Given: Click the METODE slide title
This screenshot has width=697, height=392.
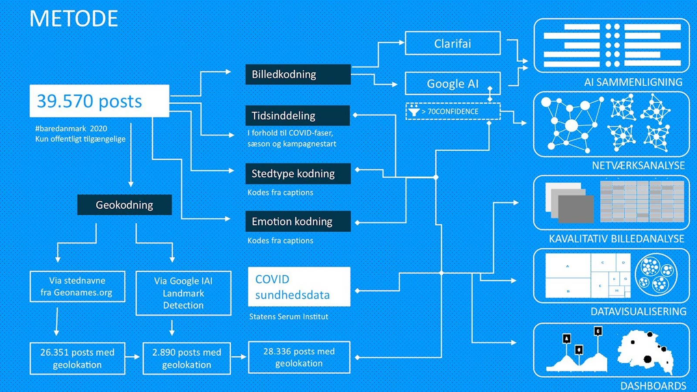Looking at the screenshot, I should point(74,19).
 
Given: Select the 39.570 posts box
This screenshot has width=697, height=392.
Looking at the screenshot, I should point(99,101).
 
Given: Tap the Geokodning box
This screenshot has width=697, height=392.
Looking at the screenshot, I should point(125,205).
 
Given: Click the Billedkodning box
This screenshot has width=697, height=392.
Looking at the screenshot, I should point(298,74).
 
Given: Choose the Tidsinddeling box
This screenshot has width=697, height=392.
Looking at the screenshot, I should point(298,115).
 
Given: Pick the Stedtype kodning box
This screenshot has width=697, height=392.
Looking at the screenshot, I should point(298,174).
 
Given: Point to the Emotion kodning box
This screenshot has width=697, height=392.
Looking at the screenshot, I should point(298,221).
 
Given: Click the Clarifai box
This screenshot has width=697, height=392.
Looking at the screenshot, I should point(453,44).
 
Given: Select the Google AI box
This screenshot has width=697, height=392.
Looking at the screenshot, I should point(453,84).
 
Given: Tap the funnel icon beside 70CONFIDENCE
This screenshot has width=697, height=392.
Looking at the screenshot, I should point(414,111).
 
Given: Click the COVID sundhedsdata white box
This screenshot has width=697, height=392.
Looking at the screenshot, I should point(299,287).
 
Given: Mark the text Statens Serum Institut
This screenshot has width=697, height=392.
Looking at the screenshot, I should point(289,317).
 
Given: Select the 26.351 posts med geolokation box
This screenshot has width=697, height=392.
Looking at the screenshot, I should point(78,358).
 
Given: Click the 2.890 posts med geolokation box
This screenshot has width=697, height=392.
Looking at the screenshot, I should point(186,358).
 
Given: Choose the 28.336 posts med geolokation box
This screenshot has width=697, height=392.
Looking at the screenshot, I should point(299,357).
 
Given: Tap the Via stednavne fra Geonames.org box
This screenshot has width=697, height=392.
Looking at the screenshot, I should point(78,287).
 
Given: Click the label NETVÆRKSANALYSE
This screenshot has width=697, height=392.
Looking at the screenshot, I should point(638,166).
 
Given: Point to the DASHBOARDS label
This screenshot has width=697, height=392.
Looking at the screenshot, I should point(653,386).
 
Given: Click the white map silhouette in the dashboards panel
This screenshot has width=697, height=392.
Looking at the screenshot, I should point(645,351).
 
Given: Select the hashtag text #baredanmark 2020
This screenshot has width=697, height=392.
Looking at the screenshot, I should point(71,128).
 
